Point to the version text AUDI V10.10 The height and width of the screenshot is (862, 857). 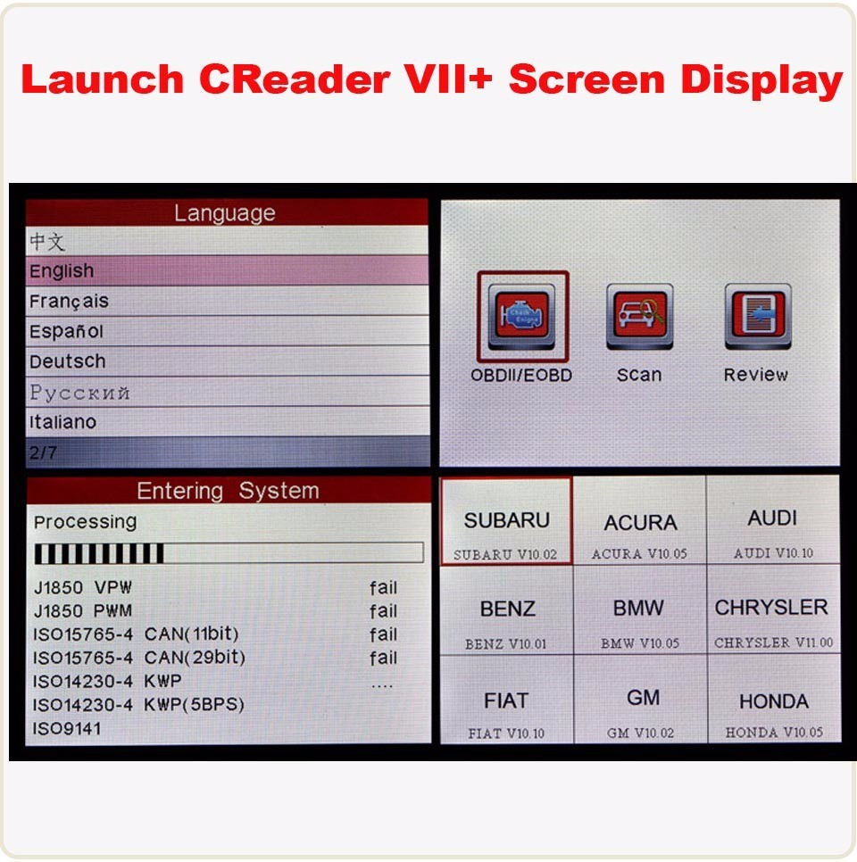pos(773,553)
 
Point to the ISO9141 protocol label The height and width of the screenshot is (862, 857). pos(68,728)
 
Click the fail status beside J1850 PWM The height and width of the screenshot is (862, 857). pos(384,611)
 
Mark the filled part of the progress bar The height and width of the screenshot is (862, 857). pos(98,554)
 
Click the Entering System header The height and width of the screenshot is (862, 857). pos(227,491)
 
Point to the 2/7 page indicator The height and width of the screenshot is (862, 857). pos(43,452)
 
